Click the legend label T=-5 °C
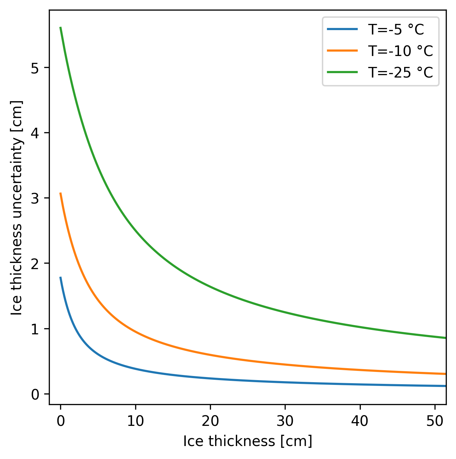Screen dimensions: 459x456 point(396,30)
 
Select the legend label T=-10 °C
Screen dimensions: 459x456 point(400,51)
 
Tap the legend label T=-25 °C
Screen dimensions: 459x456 point(400,72)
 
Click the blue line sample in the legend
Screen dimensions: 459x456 point(342,29)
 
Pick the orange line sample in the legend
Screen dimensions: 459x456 point(342,51)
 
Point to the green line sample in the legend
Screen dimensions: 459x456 point(342,72)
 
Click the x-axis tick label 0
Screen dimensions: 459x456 point(61,421)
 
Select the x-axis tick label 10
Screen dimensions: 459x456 point(136,421)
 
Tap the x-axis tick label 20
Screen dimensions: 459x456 point(210,421)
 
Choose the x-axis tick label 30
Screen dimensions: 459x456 point(285,421)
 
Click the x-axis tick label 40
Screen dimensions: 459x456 point(360,421)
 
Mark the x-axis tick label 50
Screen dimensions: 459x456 point(435,421)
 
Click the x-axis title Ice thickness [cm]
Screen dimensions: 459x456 point(247,441)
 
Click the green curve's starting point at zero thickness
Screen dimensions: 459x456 point(61,27)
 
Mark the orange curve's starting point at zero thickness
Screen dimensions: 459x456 point(61,193)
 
